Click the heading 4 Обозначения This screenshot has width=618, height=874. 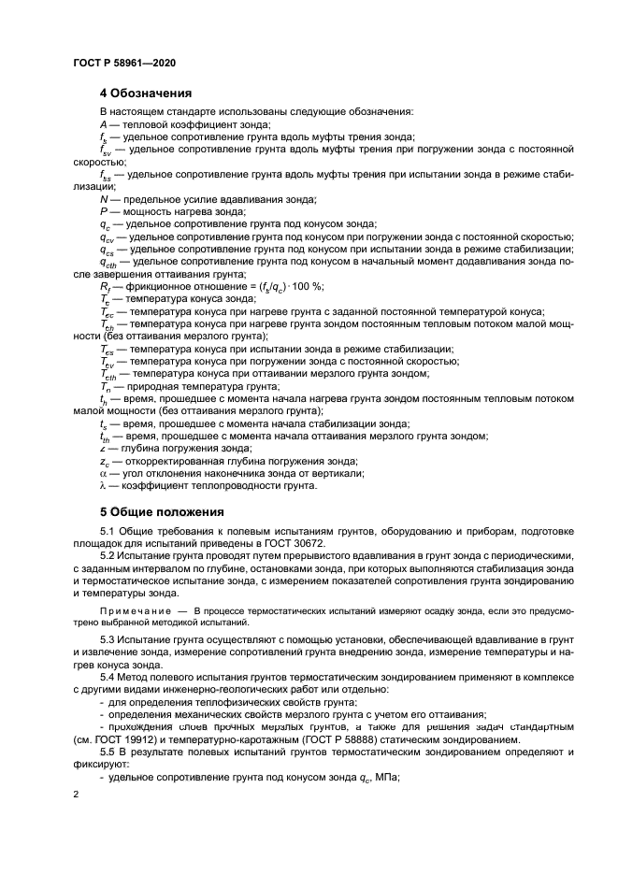click(146, 93)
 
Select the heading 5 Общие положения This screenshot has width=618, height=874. click(162, 511)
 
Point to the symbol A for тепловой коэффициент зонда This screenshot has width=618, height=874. click(103, 124)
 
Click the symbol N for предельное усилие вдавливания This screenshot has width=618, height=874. click(103, 199)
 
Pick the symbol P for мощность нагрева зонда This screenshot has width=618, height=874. click(103, 211)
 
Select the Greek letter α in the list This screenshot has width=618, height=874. click(103, 473)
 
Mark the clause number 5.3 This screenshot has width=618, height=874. click(108, 640)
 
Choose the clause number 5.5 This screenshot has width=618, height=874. click(108, 752)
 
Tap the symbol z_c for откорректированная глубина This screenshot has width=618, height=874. click(104, 461)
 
